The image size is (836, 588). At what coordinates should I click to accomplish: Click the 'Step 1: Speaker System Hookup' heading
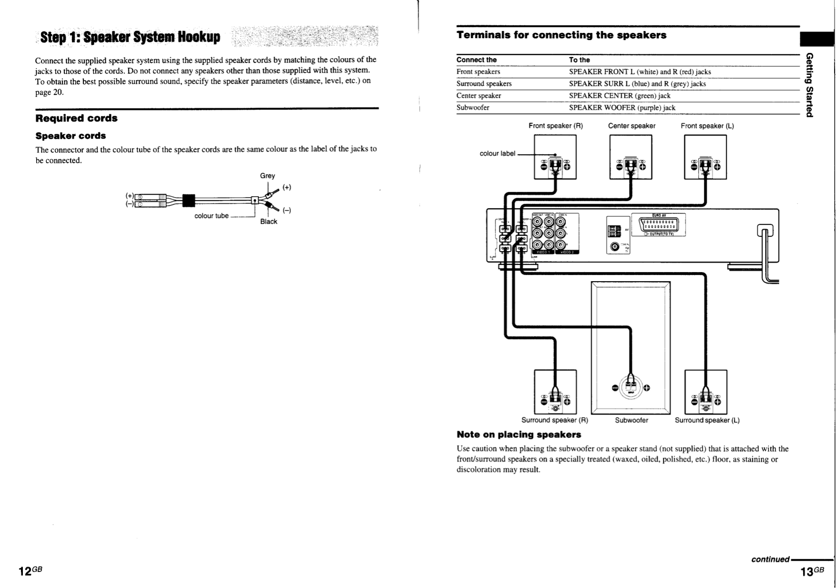[x=130, y=37]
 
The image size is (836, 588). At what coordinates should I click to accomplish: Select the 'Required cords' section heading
[x=76, y=118]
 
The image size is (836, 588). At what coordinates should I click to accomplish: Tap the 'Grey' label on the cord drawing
[x=267, y=176]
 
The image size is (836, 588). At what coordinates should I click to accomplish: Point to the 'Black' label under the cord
[x=268, y=221]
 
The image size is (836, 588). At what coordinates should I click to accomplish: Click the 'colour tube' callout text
[x=211, y=216]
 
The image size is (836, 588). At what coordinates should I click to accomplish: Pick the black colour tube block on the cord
[x=189, y=200]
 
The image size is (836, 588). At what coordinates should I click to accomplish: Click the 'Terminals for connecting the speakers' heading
[x=561, y=35]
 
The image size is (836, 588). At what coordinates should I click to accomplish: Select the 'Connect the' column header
[x=476, y=60]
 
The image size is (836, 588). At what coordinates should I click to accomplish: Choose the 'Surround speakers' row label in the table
[x=484, y=84]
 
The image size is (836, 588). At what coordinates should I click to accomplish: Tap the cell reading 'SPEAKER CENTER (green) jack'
[x=619, y=95]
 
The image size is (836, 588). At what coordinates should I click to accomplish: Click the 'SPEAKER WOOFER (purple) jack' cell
[x=622, y=107]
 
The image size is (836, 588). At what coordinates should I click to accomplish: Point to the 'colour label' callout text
[x=497, y=154]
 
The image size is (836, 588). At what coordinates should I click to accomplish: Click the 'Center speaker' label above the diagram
[x=631, y=126]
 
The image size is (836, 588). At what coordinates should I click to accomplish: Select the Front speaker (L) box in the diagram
[x=705, y=157]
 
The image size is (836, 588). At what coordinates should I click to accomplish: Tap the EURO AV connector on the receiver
[x=659, y=225]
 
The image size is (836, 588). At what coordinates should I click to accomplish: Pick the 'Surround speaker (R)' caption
[x=554, y=420]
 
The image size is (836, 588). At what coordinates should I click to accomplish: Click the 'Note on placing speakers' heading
[x=518, y=435]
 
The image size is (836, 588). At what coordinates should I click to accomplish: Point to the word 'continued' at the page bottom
[x=770, y=559]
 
